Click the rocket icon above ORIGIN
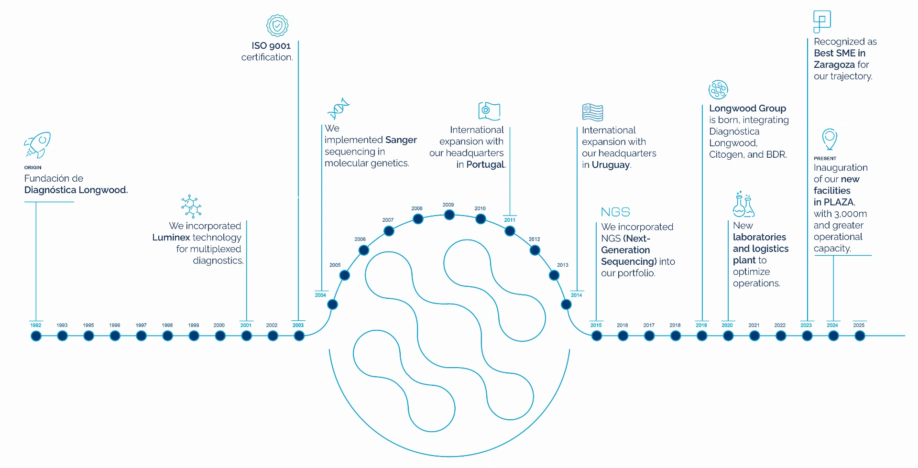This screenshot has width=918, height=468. [x=37, y=145]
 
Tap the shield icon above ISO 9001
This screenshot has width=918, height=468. [x=277, y=25]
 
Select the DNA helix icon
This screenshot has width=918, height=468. [x=339, y=109]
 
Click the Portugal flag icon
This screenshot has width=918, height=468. [x=489, y=111]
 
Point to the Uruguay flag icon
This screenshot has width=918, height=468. [x=592, y=112]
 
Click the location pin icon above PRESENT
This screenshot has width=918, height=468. [x=830, y=139]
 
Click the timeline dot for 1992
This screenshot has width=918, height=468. [x=36, y=336]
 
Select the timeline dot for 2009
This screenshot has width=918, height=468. [x=449, y=215]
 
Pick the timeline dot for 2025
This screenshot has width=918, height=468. [x=860, y=336]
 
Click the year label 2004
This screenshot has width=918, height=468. [x=320, y=295]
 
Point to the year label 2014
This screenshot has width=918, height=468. [x=577, y=295]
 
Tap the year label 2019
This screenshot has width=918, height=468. [x=701, y=326]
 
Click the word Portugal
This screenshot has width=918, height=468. [x=485, y=164]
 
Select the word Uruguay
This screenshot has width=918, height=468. [x=611, y=165]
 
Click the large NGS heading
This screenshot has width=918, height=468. [x=615, y=212]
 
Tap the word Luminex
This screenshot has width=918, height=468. [x=171, y=238]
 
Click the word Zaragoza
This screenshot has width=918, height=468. [x=834, y=65]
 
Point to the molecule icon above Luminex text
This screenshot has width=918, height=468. [x=191, y=207]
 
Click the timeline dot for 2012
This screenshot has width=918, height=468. [x=535, y=250]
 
